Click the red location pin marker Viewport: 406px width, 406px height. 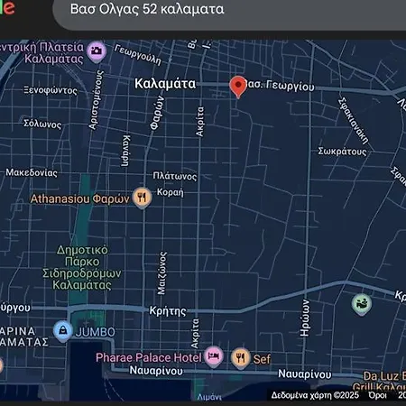point(238,86)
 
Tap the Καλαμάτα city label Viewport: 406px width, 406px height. point(164,82)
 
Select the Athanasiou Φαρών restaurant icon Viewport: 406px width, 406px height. point(142,198)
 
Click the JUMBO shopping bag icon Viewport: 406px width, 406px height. point(62,330)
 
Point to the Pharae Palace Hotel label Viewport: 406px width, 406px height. point(149,358)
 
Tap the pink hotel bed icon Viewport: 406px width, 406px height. point(214,357)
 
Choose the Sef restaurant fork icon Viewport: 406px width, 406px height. point(241,358)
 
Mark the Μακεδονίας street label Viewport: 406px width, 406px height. point(32,171)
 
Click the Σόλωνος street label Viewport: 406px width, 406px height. point(42,123)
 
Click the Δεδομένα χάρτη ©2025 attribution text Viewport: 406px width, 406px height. point(315,394)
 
